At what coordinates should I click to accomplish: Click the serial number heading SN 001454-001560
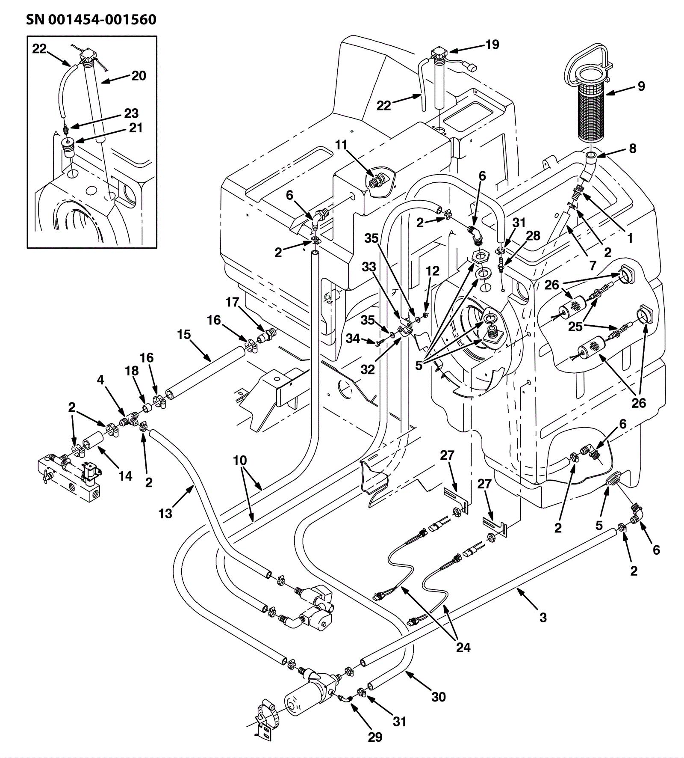click(91, 20)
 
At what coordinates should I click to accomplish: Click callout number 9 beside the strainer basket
click(641, 86)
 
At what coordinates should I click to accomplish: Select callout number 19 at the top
click(492, 45)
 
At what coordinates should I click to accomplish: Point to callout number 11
click(341, 145)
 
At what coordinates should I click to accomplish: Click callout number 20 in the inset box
click(139, 76)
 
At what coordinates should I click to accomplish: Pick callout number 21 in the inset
click(136, 128)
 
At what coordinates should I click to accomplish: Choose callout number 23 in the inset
click(131, 113)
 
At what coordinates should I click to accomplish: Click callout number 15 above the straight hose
click(184, 334)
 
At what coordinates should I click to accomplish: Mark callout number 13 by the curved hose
click(165, 513)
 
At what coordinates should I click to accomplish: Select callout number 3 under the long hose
click(543, 617)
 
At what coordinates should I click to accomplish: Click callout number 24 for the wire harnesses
click(463, 647)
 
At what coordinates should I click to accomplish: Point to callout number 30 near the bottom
click(438, 697)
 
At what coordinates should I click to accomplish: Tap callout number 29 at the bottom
click(375, 737)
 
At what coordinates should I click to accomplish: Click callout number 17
click(232, 303)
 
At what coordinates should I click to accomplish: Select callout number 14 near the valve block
click(125, 476)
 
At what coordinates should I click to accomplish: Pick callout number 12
click(433, 271)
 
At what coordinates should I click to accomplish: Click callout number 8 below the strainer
click(632, 149)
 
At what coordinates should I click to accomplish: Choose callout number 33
click(369, 267)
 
